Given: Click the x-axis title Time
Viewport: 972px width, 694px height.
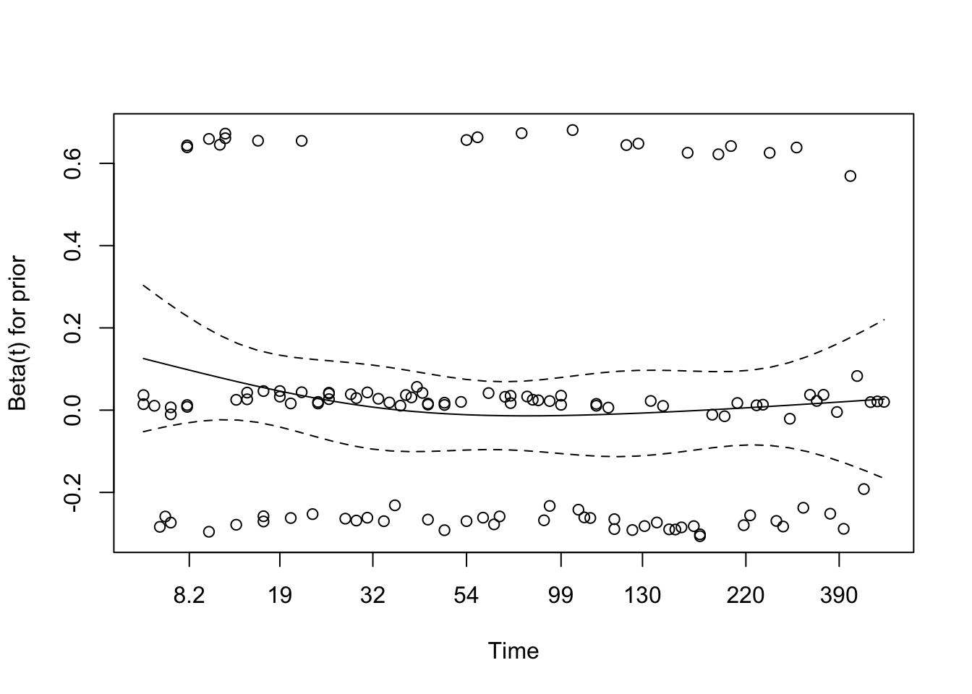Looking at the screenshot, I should pos(513,651).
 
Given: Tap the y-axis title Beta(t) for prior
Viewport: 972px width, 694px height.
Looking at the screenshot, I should pos(18,333).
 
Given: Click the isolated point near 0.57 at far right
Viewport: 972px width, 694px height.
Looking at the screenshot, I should pos(850,176).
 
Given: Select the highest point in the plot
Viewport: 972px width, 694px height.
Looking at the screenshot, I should pos(573,130).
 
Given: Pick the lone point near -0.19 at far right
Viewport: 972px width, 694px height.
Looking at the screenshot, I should pos(864,489).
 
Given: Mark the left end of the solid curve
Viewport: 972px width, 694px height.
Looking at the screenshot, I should pos(143,358).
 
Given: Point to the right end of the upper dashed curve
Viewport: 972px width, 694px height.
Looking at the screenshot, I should pos(884,319).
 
